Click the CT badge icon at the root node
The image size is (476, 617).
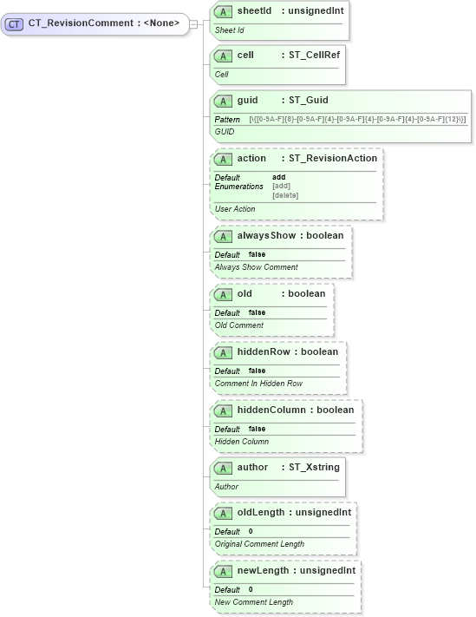14,24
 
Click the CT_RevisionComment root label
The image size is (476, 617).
103,23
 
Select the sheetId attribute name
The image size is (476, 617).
254,11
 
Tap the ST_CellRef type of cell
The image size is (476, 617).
314,55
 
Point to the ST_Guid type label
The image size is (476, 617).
309,101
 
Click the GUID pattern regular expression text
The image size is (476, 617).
357,118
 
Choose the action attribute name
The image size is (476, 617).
251,159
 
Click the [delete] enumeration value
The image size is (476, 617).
285,195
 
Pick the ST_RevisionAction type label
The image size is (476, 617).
333,159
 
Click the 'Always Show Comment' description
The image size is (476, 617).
256,267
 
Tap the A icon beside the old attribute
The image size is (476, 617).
222,294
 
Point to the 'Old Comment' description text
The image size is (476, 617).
239,325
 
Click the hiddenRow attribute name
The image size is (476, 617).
264,352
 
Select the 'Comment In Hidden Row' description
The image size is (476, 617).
258,384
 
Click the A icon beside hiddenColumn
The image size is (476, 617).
222,410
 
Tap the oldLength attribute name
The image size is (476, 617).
264,513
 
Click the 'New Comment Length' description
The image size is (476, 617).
254,602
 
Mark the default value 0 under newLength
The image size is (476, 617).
251,589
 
